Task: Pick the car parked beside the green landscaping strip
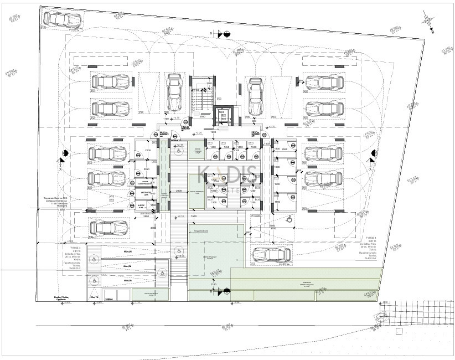pos(272,255)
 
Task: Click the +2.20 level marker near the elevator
pos(198,133)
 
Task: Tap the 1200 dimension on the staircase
pos(209,84)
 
